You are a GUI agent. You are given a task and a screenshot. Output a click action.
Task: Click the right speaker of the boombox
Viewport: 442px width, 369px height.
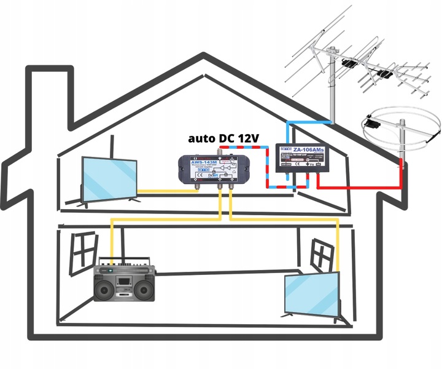coord(145,288)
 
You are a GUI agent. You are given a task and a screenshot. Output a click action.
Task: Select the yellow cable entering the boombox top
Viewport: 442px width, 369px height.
coord(111,243)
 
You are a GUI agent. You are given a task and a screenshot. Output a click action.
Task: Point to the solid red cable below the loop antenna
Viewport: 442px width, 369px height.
coord(402,175)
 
